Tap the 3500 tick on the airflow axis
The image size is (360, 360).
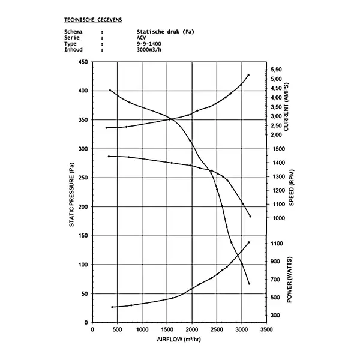[x=266, y=329]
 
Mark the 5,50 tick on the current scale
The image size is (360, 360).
[x=276, y=70]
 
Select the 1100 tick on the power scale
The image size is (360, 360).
[x=277, y=244]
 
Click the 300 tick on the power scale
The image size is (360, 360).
[x=275, y=315]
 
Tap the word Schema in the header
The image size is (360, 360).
[x=73, y=32]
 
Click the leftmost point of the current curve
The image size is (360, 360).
[x=106, y=127]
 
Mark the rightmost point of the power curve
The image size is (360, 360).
[x=248, y=242]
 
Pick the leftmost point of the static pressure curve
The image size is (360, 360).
[x=110, y=91]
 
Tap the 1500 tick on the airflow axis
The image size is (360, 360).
[x=167, y=329]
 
